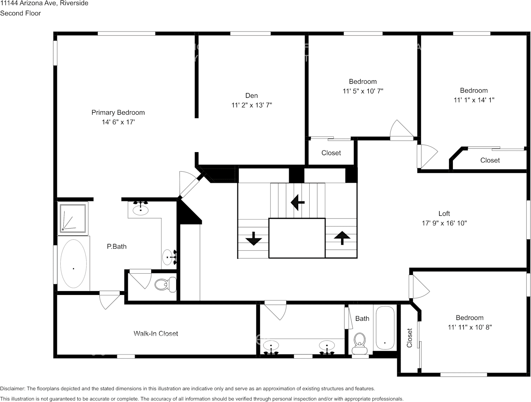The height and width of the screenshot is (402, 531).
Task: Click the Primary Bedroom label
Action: coord(118,113)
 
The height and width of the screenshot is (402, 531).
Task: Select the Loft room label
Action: coord(444,214)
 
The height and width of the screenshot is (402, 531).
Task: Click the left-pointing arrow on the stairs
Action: coord(297,203)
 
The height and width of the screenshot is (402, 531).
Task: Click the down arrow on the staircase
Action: coord(254,239)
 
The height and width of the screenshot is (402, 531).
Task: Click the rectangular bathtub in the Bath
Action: coord(385,328)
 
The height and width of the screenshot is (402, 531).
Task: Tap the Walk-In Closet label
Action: coord(156,334)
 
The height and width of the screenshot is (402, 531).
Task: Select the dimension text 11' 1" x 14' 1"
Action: coord(474,100)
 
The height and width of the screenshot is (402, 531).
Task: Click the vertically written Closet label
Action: coord(410,338)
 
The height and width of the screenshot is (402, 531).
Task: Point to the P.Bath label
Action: coord(116,246)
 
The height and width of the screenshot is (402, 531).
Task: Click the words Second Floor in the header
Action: coord(20,13)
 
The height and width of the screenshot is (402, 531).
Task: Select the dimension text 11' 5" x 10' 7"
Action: coord(363,91)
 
